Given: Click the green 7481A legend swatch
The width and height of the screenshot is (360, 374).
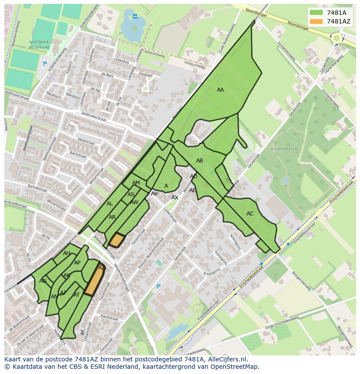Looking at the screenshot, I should click(x=317, y=13).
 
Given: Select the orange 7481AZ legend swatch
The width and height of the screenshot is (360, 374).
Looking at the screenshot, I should click(x=317, y=21).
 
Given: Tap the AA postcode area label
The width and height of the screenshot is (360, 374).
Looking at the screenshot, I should click(x=220, y=90).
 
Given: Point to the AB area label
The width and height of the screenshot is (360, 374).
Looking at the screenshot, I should click(x=200, y=161).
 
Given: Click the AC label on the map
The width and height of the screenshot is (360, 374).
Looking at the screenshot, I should click(x=250, y=214).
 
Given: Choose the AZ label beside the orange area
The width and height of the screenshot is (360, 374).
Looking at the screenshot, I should click(x=101, y=268).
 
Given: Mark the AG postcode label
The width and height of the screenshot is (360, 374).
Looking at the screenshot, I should click(x=43, y=281).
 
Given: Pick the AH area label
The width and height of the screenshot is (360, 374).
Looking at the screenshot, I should click(x=67, y=253).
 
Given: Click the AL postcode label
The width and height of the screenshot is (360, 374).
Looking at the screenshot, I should click(x=110, y=204).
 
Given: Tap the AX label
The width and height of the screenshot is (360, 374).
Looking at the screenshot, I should click(x=175, y=198).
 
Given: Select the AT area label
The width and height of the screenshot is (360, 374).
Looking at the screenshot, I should click(x=77, y=295).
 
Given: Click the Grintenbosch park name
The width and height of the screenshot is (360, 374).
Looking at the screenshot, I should click(x=284, y=149).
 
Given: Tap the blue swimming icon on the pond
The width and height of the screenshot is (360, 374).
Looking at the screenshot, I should click(x=135, y=17).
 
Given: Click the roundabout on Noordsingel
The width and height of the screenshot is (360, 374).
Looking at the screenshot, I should click(x=336, y=38).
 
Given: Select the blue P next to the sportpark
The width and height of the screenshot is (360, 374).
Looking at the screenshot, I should click(x=44, y=64).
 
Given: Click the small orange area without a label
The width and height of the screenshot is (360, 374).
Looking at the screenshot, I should click(x=117, y=240).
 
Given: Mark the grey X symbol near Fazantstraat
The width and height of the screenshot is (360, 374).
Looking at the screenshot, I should click(x=82, y=332).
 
